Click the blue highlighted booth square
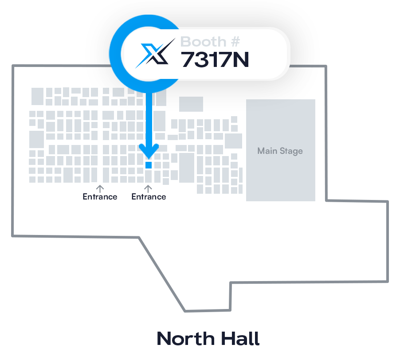coord(149,165)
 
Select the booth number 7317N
coord(215,60)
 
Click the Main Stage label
coord(280,151)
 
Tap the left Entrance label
coord(100,197)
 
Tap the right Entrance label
coord(149,197)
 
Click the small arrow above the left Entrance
coord(100,188)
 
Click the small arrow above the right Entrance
coord(149,188)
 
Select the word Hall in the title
coord(239,339)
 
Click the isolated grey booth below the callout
coord(191,104)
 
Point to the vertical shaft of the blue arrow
coord(149,120)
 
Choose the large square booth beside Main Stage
coord(233,141)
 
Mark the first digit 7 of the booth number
coord(188,60)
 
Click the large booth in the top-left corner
coord(37,96)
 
